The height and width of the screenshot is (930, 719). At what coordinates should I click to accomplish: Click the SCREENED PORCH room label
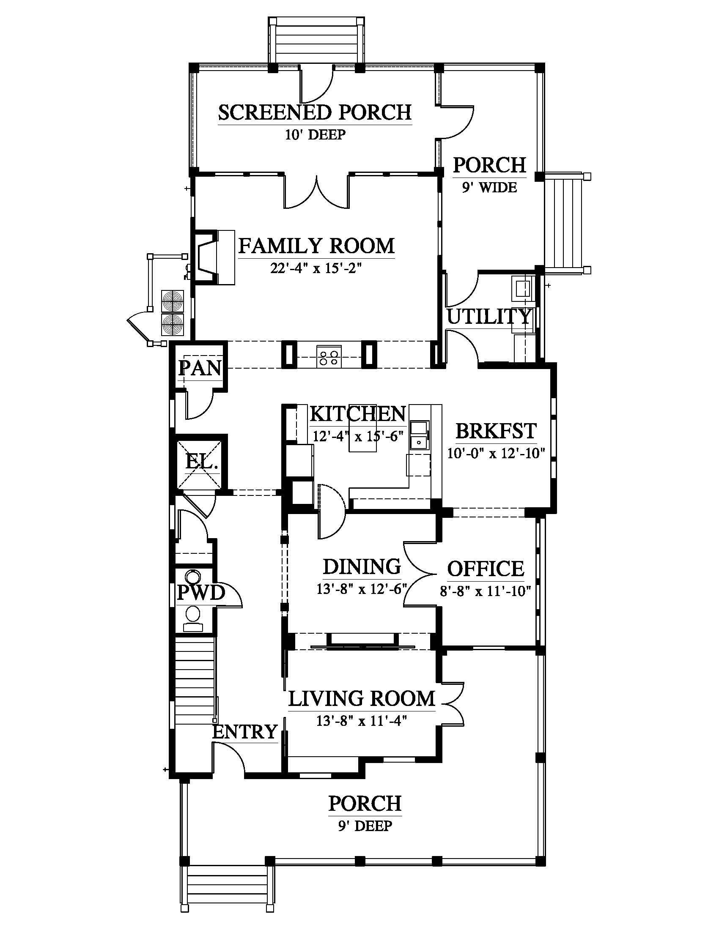click(315, 112)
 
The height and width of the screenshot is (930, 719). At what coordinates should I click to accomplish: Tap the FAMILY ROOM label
click(316, 246)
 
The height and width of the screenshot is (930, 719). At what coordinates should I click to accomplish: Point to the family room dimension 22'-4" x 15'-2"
click(316, 268)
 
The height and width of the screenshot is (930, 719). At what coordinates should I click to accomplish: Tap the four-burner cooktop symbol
click(329, 356)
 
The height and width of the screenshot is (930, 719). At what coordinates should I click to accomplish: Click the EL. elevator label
click(201, 462)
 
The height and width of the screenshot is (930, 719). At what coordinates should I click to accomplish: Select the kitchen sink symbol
click(420, 435)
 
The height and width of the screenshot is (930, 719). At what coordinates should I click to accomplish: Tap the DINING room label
click(362, 566)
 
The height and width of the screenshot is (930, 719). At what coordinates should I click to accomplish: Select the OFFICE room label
click(486, 569)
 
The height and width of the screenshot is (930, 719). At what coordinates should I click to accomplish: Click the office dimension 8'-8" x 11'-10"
click(486, 591)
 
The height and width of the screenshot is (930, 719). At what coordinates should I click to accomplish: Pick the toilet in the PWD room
click(194, 619)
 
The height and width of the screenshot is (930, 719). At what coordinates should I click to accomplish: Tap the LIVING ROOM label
click(362, 698)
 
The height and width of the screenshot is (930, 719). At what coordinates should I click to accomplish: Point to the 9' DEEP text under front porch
click(365, 826)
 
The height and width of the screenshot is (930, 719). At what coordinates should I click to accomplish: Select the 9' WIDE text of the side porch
click(489, 187)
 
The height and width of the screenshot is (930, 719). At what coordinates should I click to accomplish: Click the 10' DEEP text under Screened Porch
click(315, 134)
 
